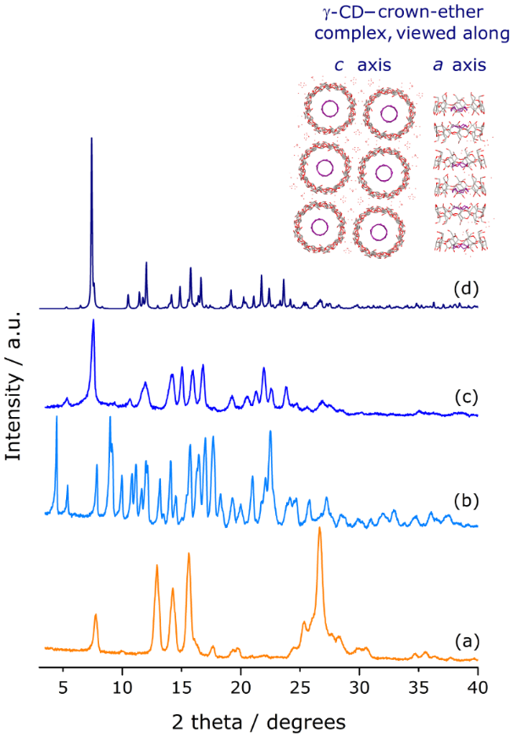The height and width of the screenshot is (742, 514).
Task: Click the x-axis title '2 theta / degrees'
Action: tap(259, 723)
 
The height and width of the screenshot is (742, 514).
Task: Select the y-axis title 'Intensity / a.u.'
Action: tap(14, 372)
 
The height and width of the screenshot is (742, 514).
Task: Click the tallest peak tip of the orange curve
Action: tap(319, 528)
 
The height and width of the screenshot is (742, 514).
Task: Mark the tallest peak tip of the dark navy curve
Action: tap(91, 138)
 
